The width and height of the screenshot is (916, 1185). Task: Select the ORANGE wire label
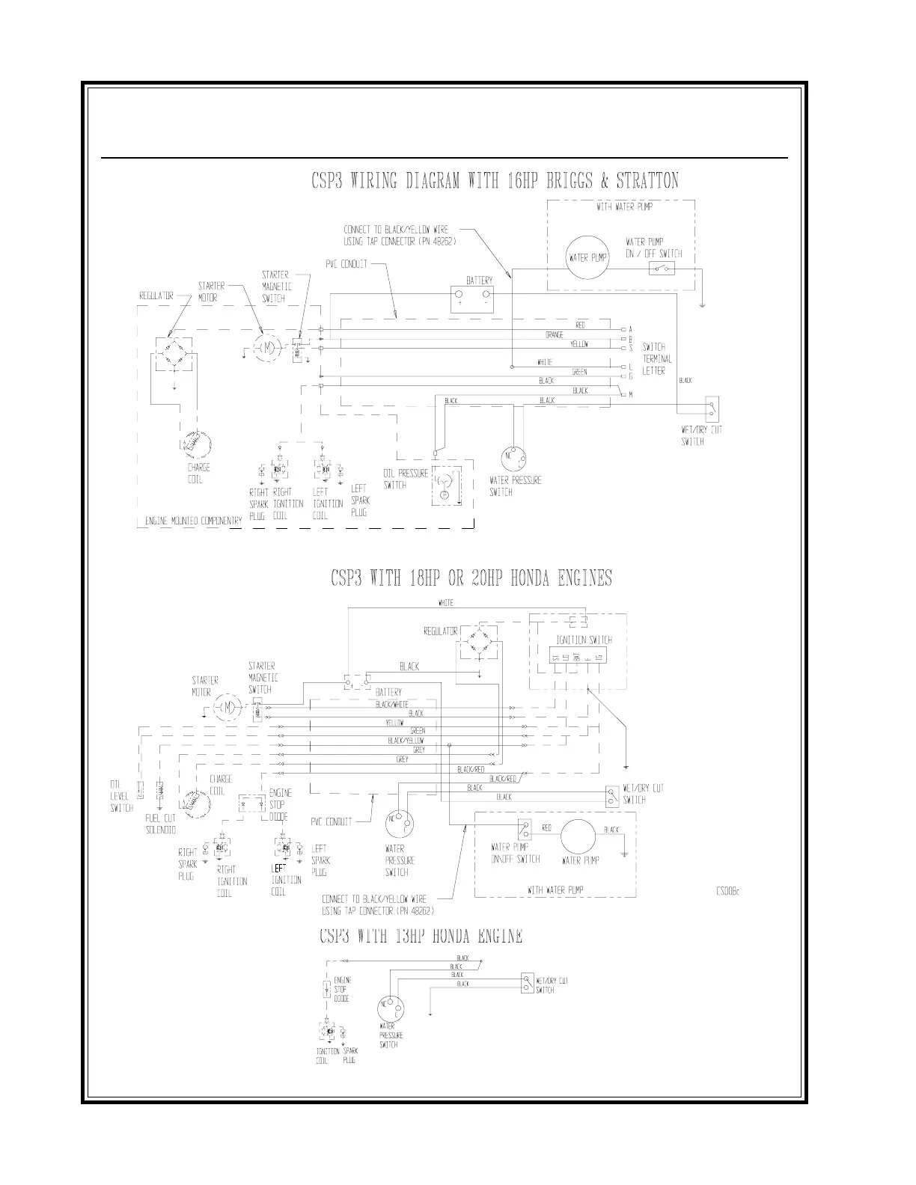[x=555, y=335]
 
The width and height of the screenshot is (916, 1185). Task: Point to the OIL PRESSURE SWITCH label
[x=406, y=479]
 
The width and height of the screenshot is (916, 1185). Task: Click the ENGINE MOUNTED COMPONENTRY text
[x=191, y=521]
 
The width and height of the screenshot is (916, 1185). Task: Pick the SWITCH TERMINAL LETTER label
[x=657, y=358]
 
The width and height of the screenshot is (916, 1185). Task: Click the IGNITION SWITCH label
[x=584, y=640]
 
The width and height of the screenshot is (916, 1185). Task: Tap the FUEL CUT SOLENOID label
[x=161, y=824]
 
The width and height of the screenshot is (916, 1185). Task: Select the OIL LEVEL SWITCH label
[x=121, y=796]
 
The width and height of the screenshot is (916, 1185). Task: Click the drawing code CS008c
[x=728, y=890]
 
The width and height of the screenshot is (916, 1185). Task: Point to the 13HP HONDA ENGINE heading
[x=421, y=937]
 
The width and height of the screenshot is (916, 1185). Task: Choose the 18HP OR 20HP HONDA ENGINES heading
[x=471, y=578]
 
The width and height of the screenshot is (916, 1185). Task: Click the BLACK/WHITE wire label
[x=391, y=704]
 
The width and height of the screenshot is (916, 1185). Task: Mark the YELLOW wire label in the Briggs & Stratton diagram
[x=579, y=344]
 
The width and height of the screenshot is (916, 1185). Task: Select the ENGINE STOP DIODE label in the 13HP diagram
[x=341, y=989]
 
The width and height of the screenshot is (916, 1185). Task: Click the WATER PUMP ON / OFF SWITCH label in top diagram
[x=653, y=248]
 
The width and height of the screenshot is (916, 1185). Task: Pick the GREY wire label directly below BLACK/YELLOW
[x=418, y=750]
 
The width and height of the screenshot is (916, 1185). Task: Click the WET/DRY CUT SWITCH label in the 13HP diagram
[x=552, y=985]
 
